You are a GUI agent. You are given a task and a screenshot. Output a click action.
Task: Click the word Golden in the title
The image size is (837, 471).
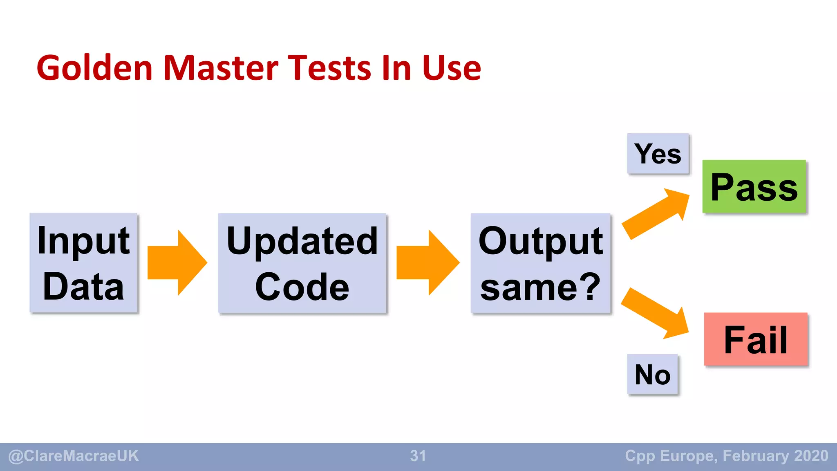click(x=94, y=68)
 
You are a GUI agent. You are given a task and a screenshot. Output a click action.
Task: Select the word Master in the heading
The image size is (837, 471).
click(x=221, y=68)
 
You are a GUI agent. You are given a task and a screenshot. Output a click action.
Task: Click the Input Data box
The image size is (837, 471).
click(x=83, y=263)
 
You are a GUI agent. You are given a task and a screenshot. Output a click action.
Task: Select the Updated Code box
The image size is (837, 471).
click(x=302, y=263)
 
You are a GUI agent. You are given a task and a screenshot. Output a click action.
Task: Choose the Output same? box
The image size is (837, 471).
click(x=540, y=263)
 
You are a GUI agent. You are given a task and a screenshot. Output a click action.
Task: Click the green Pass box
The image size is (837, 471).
click(x=754, y=186)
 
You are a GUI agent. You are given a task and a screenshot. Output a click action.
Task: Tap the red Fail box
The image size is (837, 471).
click(x=756, y=339)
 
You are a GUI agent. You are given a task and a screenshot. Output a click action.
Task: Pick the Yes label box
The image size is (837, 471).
click(x=658, y=154)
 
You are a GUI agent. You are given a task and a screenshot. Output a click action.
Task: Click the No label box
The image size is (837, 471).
click(x=652, y=374)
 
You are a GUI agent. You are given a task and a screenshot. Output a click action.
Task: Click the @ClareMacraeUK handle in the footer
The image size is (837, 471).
click(x=74, y=456)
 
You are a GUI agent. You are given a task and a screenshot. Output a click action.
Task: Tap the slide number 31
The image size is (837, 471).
click(x=418, y=456)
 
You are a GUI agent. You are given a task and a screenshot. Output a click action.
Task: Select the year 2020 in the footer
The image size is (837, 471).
click(x=811, y=456)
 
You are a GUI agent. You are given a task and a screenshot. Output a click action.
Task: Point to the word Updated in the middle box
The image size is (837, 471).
click(x=302, y=241)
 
